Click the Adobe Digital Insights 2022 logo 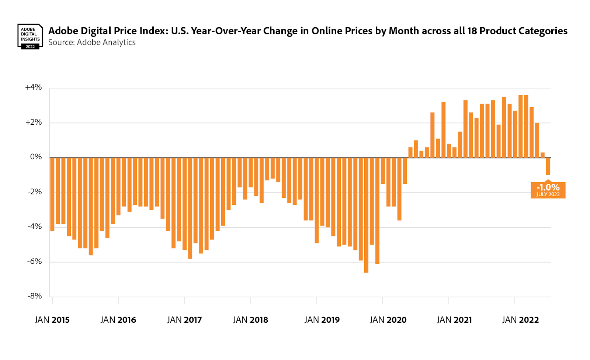[30, 37]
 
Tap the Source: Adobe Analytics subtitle [92, 42]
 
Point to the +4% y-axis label [33, 87]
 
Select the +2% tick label [33, 122]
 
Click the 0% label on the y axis [36, 157]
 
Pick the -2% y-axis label [35, 192]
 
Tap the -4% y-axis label [35, 226]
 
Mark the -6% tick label [35, 262]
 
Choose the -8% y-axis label [35, 296]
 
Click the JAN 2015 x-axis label [52, 320]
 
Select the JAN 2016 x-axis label [118, 320]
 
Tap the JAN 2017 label [184, 320]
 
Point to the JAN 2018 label [250, 320]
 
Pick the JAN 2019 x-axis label [322, 320]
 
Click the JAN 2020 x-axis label [388, 320]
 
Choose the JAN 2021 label [454, 320]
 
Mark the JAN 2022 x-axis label [520, 320]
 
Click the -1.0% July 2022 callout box [548, 190]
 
